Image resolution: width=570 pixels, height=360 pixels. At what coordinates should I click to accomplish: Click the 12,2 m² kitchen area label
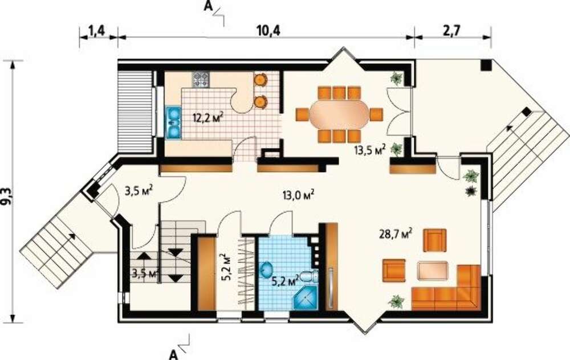coord(208,118)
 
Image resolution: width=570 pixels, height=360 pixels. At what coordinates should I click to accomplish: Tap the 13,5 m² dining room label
coord(370,150)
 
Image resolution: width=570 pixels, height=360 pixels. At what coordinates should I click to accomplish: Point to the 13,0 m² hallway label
coord(299,195)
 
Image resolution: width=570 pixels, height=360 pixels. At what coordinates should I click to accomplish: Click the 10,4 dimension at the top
coord(268,31)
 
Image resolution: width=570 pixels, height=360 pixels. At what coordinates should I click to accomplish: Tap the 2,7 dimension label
coord(451,31)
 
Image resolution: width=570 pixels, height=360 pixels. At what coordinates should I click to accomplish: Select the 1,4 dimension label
coord(97,31)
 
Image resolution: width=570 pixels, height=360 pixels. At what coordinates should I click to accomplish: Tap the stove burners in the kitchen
coord(201,80)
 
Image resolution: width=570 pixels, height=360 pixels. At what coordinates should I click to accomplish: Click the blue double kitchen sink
coord(173,123)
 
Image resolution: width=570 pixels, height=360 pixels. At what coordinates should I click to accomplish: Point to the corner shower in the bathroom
coord(305,297)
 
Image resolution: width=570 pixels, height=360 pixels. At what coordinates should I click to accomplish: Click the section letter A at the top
coord(207,6)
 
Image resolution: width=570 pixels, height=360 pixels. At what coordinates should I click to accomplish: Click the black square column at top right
coord(486,65)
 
